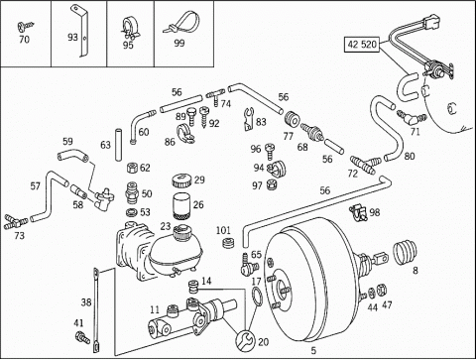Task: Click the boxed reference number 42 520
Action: (x=362, y=44)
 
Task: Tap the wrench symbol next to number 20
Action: (x=245, y=339)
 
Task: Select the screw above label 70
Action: (x=25, y=26)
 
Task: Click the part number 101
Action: (x=223, y=230)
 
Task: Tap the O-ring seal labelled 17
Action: (x=258, y=297)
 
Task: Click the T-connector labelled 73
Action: (x=16, y=222)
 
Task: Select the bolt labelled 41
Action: (x=82, y=337)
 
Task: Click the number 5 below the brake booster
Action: (x=313, y=350)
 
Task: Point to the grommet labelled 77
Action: (x=293, y=119)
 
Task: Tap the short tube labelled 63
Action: (x=118, y=145)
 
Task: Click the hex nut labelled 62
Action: (x=133, y=168)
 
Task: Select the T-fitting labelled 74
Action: (x=215, y=96)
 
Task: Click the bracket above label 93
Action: (x=81, y=31)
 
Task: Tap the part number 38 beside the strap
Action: (x=86, y=302)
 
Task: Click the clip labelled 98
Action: (x=358, y=212)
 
